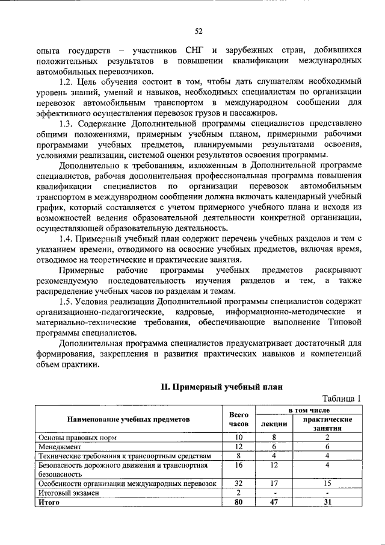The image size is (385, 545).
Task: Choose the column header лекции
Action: (x=274, y=424)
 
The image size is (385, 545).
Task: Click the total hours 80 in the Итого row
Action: (x=238, y=501)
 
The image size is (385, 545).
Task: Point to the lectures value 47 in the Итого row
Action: (x=274, y=501)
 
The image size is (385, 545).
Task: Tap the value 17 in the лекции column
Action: (x=274, y=483)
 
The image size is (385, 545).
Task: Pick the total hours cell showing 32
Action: (x=238, y=483)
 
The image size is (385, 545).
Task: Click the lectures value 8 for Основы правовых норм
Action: (x=274, y=437)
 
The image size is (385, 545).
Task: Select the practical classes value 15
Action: (x=327, y=483)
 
